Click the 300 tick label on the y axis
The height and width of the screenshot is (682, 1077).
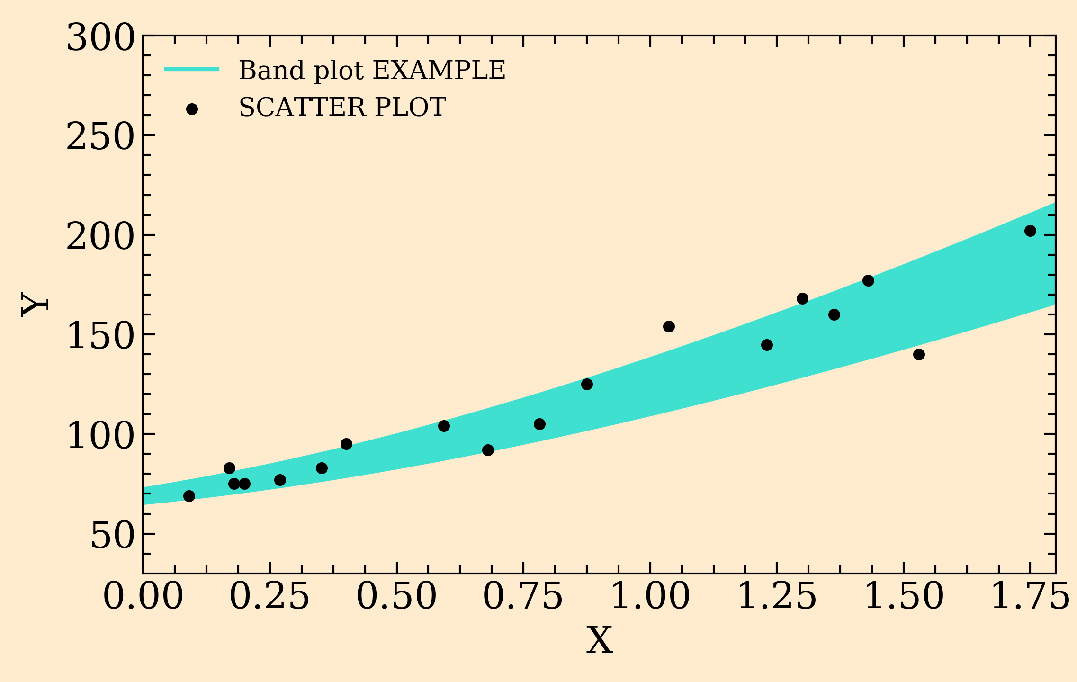pos(100,38)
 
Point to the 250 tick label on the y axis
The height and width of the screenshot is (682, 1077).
pos(100,138)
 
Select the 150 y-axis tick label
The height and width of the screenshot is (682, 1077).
pos(100,337)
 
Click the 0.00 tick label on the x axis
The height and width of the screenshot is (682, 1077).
pos(143,597)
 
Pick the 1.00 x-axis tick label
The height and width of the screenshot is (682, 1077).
pos(650,597)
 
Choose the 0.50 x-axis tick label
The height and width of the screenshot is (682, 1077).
pos(396,597)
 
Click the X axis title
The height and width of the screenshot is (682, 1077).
pos(600,640)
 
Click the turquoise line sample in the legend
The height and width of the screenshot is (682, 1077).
pos(192,69)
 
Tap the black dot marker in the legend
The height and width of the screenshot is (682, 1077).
pos(192,109)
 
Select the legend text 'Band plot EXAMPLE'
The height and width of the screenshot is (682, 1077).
pos(372,70)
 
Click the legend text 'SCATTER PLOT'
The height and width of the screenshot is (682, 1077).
pos(342,107)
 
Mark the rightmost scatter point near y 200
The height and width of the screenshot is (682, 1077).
pos(1030,231)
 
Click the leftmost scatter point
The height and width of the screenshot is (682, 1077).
pos(189,496)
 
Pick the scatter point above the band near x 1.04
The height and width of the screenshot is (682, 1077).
pos(669,326)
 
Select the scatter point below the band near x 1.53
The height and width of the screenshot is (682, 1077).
pos(919,354)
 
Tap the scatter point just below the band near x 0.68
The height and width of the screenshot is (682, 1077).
pos(488,450)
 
